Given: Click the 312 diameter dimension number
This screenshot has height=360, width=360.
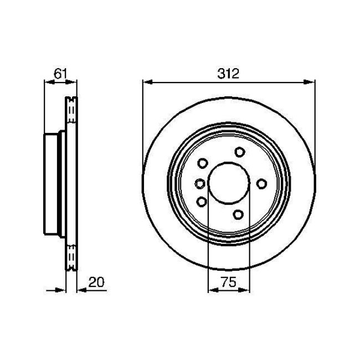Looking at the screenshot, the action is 228,74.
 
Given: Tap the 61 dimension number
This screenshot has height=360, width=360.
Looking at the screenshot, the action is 60,74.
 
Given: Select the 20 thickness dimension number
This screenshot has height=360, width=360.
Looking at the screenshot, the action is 96,282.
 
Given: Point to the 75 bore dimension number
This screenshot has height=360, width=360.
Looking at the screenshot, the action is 228,282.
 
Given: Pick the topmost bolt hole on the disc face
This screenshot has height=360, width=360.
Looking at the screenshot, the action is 240,152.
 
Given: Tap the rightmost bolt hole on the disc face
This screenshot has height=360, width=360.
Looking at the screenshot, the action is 261,184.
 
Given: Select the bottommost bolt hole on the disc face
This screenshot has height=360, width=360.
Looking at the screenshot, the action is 238,214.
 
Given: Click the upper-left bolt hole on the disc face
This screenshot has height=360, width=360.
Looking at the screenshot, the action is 203,163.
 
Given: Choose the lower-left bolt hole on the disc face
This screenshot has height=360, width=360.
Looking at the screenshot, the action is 202,202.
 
